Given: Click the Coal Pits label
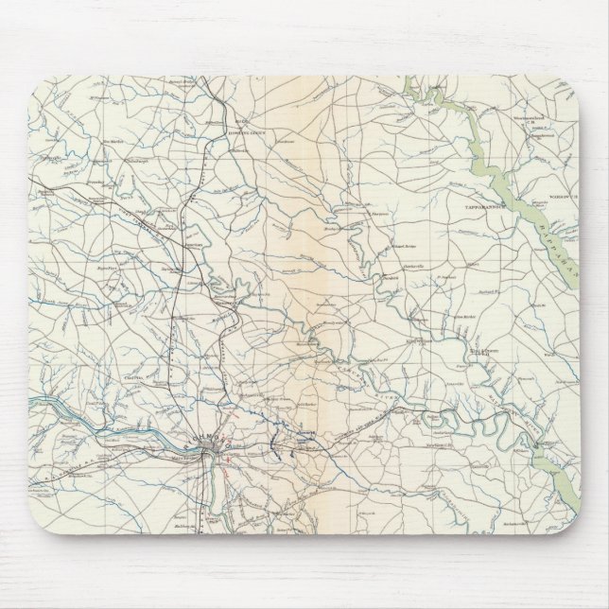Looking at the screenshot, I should tap(132, 378).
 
